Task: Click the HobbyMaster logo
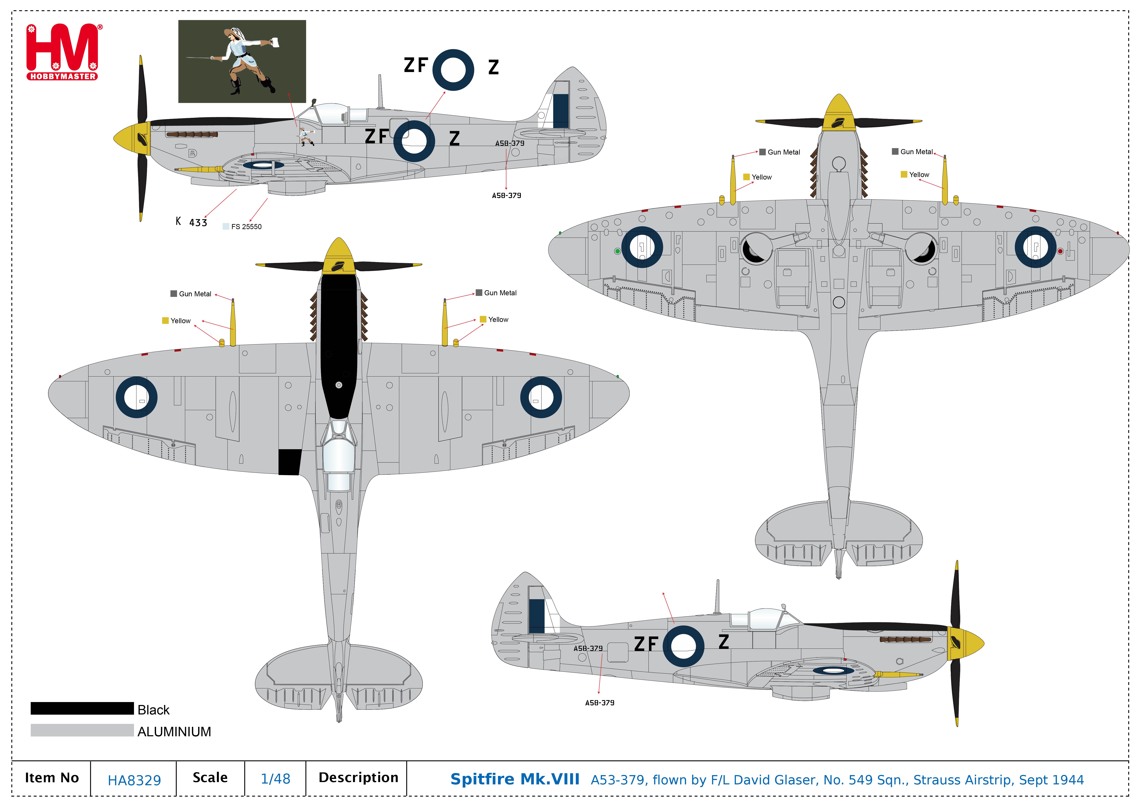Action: [63, 52]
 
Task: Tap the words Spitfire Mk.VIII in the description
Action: [515, 779]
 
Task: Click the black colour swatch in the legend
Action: [82, 708]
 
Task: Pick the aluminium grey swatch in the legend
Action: [82, 730]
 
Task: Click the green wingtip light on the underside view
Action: [618, 251]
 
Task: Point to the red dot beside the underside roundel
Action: [1060, 251]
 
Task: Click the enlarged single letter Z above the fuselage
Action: [493, 67]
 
